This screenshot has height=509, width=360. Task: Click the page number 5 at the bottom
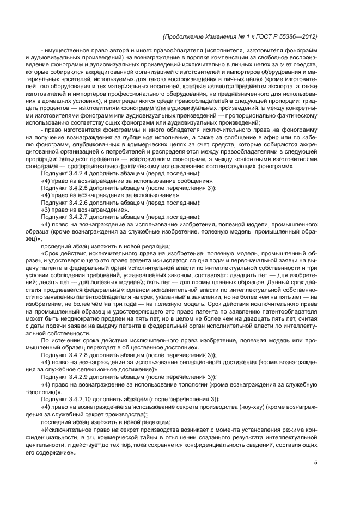tap(315, 463)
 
